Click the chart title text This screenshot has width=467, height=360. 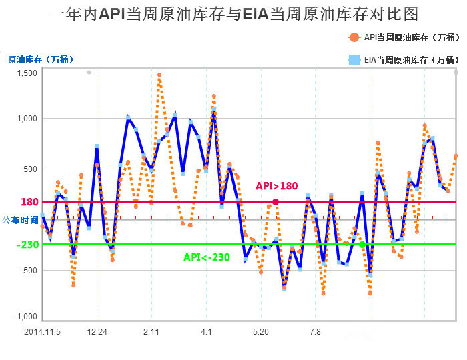tap(233, 15)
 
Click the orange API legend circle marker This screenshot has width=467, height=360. tap(353, 37)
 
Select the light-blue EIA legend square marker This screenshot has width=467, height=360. tap(353, 60)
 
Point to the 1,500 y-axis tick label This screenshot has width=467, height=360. tap(26, 72)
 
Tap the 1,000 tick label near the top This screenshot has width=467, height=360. tap(26, 119)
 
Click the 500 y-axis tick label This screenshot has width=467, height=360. tap(29, 169)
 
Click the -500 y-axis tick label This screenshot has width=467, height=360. tap(27, 271)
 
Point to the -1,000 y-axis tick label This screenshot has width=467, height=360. tap(25, 317)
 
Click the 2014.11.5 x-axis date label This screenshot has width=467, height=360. tap(42, 331)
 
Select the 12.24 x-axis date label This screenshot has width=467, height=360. tap(97, 331)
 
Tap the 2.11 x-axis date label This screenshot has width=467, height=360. tap(151, 331)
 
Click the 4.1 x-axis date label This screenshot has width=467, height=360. tap(206, 331)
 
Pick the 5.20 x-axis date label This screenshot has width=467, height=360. tap(260, 331)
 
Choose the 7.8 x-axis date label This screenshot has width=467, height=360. tap(315, 331)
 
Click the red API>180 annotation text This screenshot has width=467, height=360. tap(276, 186)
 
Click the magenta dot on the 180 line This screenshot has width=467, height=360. tap(276, 202)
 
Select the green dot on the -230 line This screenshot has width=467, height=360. tap(362, 245)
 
